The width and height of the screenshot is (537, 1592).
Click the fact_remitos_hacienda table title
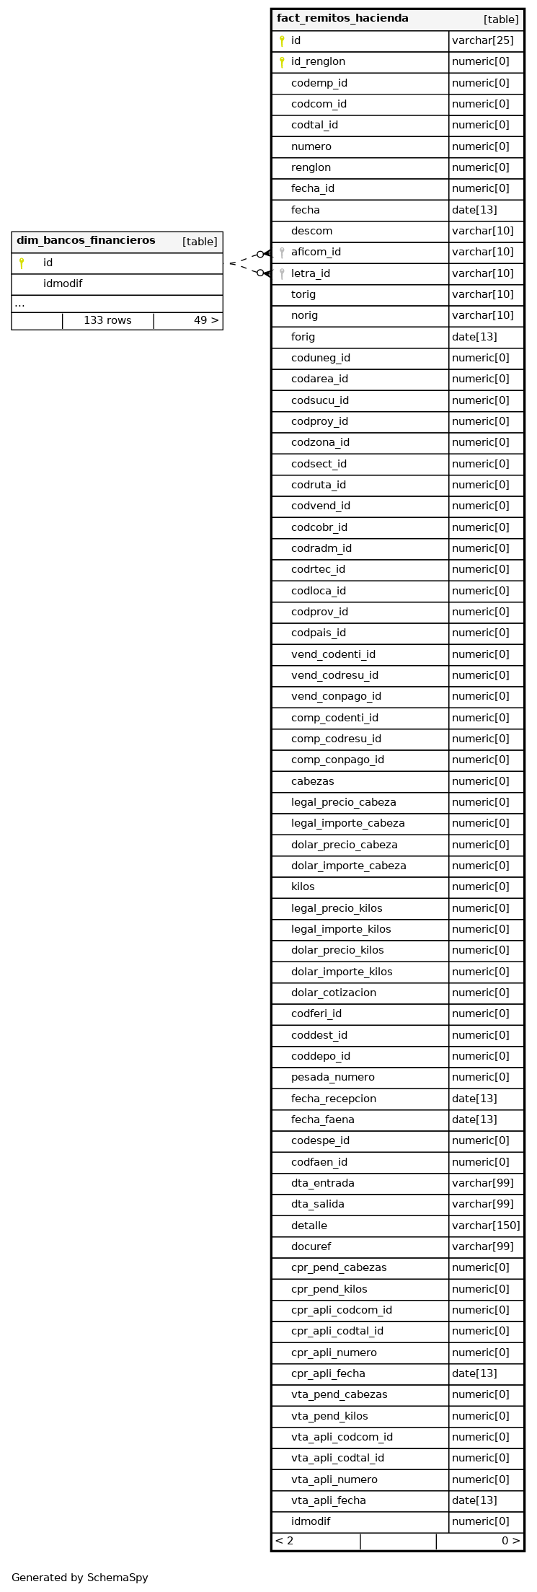342,19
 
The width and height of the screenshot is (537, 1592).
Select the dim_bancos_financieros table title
86,241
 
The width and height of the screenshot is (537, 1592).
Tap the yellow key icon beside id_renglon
282,62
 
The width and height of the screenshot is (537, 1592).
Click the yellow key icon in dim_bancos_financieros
22,263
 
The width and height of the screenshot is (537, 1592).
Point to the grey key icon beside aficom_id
282,252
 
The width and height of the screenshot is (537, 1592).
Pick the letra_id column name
311,273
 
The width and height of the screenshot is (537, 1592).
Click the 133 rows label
107,321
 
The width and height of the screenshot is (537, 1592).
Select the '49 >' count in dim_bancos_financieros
206,321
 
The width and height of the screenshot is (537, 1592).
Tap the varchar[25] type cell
483,41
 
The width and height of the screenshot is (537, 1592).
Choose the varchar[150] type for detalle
486,1226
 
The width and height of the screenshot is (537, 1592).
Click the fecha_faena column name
323,1120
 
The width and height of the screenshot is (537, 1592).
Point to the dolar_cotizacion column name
334,993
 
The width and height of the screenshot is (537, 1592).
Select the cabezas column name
313,781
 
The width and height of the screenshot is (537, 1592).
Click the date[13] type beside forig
474,337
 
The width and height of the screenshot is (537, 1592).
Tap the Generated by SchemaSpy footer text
80,1578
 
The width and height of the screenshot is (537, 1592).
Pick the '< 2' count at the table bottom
285,1542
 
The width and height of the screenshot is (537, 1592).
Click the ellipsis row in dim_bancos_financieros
19,304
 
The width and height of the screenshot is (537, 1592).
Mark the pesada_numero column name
333,1077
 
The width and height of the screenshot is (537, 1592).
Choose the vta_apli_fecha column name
329,1500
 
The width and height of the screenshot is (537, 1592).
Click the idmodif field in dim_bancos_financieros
63,284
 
